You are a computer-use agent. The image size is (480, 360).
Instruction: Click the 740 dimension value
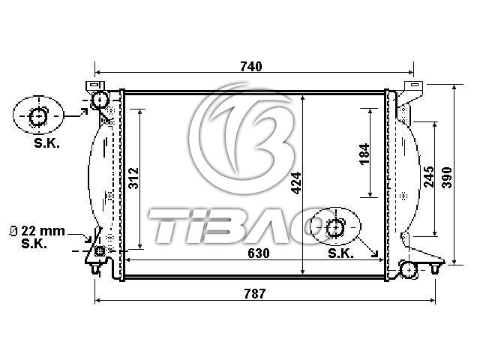251,67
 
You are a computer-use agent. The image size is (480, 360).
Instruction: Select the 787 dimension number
255,294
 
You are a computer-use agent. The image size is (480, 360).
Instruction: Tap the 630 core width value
259,253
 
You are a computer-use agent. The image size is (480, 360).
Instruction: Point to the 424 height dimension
297,183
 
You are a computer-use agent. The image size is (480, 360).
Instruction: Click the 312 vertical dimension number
133,178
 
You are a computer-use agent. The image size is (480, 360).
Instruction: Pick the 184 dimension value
364,154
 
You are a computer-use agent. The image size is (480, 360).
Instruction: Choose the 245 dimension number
429,177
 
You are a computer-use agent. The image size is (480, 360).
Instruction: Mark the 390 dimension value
447,178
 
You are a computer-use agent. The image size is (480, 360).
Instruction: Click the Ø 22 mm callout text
37,231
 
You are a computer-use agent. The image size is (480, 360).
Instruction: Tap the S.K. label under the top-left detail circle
46,143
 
